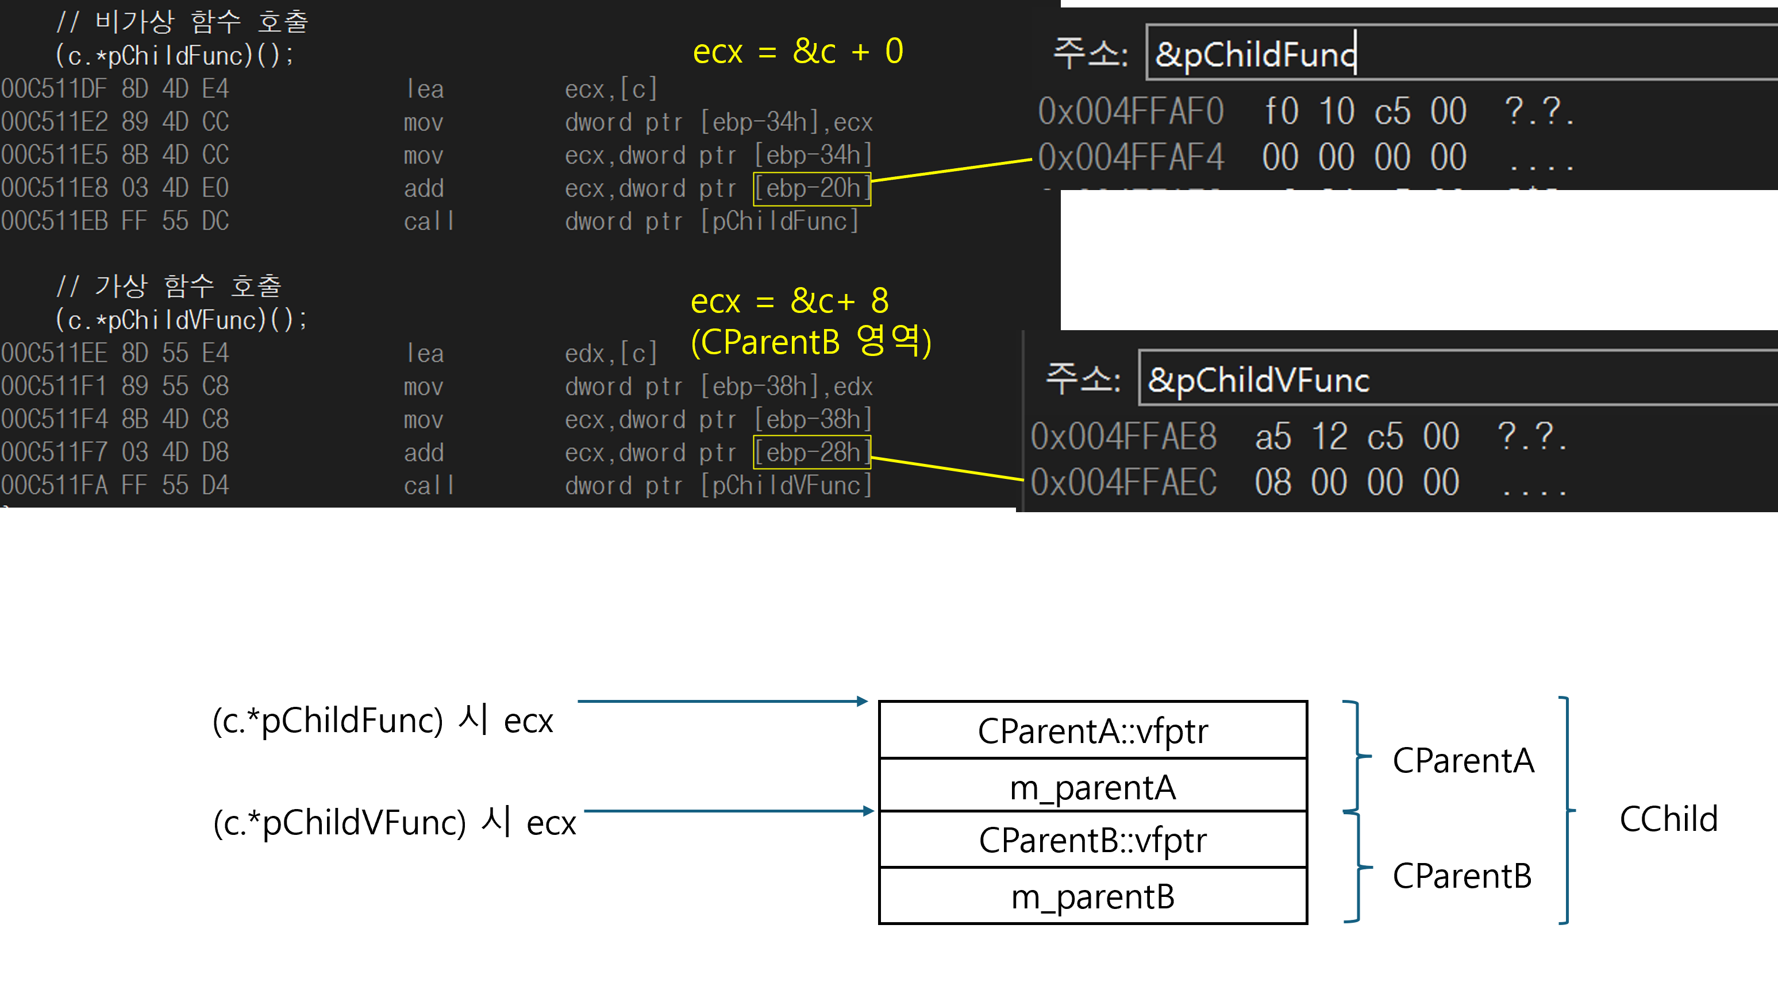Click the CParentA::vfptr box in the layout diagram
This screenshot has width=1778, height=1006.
point(1092,730)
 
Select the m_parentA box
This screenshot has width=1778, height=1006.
point(1092,786)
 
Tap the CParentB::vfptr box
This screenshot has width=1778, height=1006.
point(1092,840)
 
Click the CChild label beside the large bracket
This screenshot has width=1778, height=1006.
point(1668,819)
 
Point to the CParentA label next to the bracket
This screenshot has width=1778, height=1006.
point(1463,760)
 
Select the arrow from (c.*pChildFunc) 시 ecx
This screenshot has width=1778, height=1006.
point(722,701)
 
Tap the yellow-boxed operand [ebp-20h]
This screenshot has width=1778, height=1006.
point(812,188)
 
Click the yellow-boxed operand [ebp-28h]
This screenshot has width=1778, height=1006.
point(812,452)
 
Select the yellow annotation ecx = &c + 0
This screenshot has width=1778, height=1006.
point(798,51)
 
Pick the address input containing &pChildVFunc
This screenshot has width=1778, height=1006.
point(1452,380)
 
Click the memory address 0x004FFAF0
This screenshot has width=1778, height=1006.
point(1131,111)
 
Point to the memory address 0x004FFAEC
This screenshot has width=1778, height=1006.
point(1123,482)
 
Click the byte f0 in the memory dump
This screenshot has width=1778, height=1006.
point(1281,111)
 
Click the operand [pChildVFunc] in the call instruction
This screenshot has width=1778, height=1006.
point(786,486)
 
